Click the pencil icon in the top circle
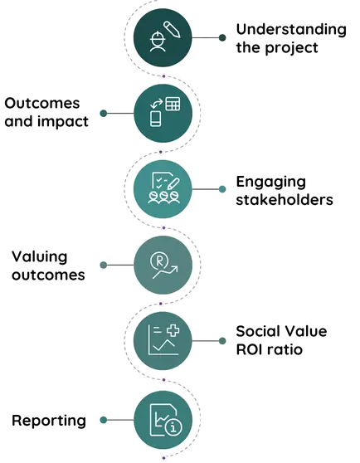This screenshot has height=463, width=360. (x=172, y=29)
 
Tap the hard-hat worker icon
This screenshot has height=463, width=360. (x=158, y=41)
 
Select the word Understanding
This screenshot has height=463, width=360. (x=291, y=30)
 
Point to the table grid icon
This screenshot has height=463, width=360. (x=173, y=104)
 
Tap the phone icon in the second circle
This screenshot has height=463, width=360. (x=155, y=119)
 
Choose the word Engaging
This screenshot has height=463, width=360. (x=271, y=182)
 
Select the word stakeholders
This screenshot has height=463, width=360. (x=285, y=199)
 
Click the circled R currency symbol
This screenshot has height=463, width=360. (x=159, y=261)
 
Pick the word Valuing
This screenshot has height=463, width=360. (x=40, y=257)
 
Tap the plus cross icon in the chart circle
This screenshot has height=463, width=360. (x=173, y=330)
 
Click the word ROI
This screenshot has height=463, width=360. (x=251, y=349)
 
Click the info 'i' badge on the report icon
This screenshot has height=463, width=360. (x=173, y=427)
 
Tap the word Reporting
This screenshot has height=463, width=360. (x=49, y=421)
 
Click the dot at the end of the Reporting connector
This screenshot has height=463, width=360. (x=104, y=420)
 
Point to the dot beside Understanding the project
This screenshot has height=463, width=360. (x=222, y=38)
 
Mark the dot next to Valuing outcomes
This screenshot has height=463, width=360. (x=104, y=265)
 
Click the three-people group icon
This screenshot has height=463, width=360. (x=163, y=197)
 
